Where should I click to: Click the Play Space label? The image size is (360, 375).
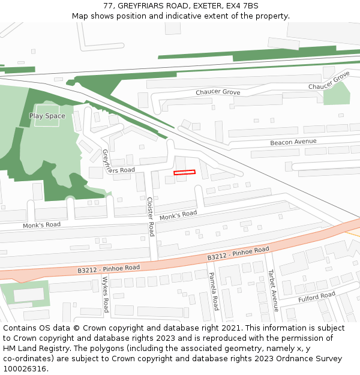point(47,116)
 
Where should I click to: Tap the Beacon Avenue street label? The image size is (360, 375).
point(293,142)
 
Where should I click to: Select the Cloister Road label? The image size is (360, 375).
point(150,217)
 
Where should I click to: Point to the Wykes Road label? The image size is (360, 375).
point(105,294)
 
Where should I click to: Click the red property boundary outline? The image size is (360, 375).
point(185,172)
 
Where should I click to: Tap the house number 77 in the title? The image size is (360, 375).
point(108,5)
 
